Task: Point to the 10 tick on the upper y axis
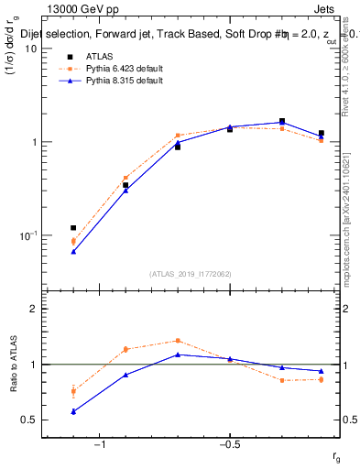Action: pos(31,49)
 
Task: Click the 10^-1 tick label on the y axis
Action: pos(27,236)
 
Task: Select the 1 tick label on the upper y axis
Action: pos(34,142)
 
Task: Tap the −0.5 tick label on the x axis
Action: pos(229,446)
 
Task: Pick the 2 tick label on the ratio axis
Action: pos(34,309)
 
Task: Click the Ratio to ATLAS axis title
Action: pos(12,365)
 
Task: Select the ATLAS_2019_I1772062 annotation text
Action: pos(191,273)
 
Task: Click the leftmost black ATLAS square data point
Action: pos(73,227)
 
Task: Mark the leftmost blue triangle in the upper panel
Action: pos(73,251)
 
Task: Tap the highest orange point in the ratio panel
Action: pos(178,341)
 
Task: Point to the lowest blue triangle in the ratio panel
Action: pos(73,411)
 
